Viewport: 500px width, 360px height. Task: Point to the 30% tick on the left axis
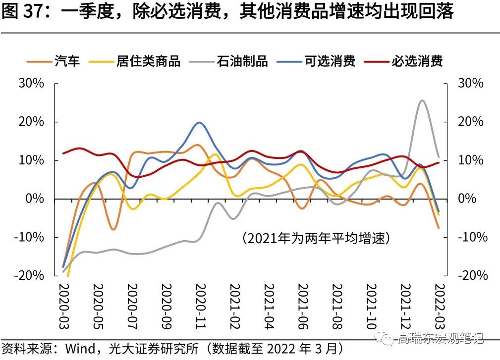tap(31, 83)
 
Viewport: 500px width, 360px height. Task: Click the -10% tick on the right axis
tap(471, 237)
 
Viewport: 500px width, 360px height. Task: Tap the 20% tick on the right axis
tap(470, 122)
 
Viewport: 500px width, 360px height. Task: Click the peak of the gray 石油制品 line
tap(422, 101)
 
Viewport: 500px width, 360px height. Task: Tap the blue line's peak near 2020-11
tap(199, 122)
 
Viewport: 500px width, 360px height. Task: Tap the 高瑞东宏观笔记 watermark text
tap(439, 339)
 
